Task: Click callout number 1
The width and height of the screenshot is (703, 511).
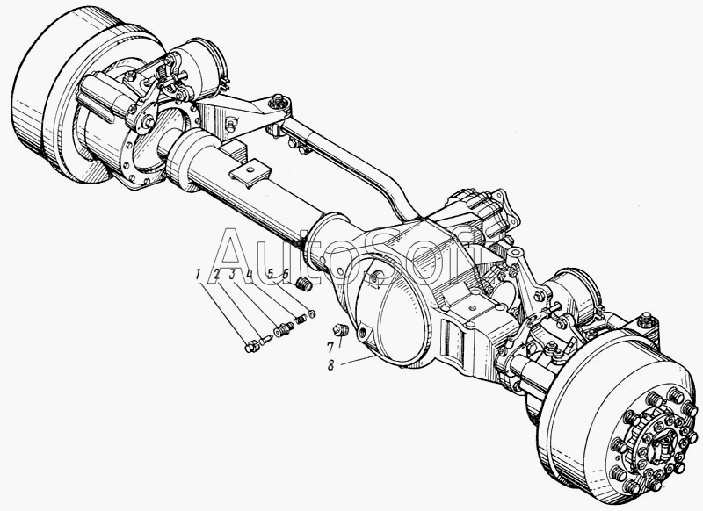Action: point(197,274)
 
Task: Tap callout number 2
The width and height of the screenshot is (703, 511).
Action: point(217,274)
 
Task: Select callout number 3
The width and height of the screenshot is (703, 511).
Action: point(232,274)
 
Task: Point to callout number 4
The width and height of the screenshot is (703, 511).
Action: point(250,274)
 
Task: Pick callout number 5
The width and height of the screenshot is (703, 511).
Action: point(270,274)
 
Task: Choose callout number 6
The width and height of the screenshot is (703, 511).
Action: point(285,274)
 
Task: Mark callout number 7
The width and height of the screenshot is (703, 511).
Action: point(330,348)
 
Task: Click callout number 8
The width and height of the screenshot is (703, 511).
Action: point(331,365)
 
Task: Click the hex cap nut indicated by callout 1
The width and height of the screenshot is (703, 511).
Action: point(251,346)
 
